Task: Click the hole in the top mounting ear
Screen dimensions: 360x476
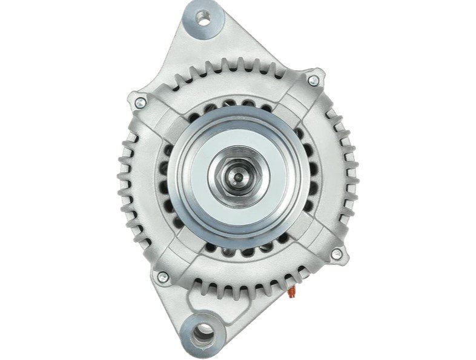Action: pyautogui.click(x=204, y=21)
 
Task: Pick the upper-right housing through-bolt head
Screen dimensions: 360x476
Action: pyautogui.click(x=313, y=81)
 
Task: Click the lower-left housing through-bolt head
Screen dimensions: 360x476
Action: pyautogui.click(x=161, y=276)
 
